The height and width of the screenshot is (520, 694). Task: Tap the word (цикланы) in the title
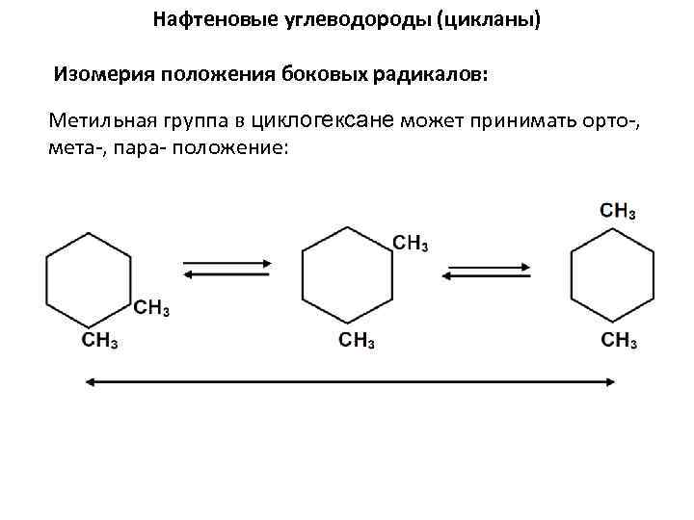click(x=489, y=19)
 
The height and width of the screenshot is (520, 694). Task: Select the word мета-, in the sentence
click(x=74, y=149)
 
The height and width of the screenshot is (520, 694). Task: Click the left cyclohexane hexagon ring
click(x=89, y=280)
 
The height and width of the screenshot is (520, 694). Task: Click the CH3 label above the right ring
click(x=617, y=211)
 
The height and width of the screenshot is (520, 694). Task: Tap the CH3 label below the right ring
click(x=619, y=340)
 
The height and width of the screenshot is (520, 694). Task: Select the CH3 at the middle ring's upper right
click(x=411, y=243)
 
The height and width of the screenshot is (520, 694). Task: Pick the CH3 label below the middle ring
click(x=357, y=340)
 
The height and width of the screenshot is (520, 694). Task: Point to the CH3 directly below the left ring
click(x=100, y=339)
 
